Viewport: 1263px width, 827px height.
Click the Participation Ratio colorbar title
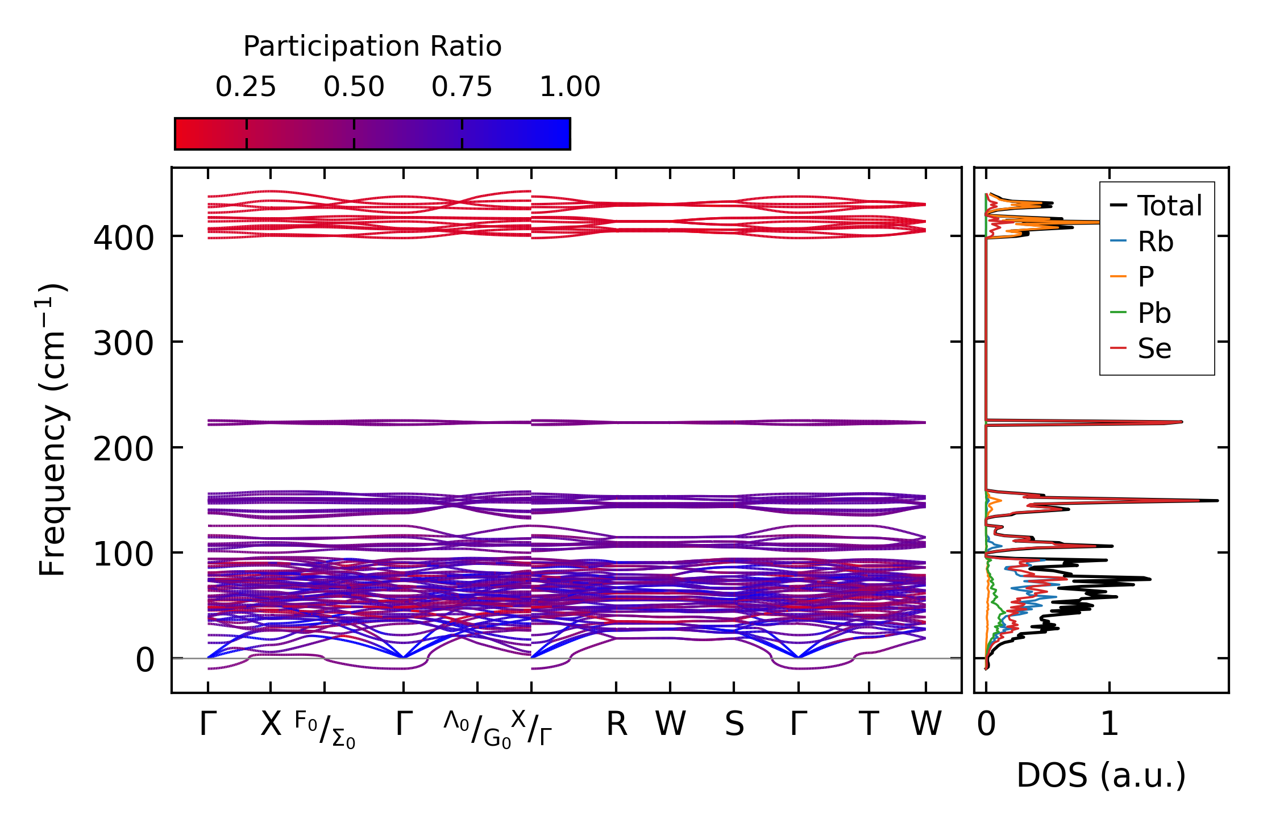pyautogui.click(x=372, y=47)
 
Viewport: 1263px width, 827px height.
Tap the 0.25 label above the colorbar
pyautogui.click(x=246, y=87)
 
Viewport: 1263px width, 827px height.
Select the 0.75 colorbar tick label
pyautogui.click(x=462, y=87)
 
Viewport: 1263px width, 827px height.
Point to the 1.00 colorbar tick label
pyautogui.click(x=570, y=87)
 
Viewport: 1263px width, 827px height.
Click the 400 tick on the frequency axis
pyautogui.click(x=123, y=238)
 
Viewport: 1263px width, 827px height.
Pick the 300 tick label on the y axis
pyautogui.click(x=123, y=344)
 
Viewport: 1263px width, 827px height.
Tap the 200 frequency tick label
pyautogui.click(x=123, y=450)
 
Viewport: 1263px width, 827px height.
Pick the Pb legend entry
pyautogui.click(x=1154, y=313)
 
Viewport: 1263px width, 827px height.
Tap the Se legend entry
pyautogui.click(x=1154, y=348)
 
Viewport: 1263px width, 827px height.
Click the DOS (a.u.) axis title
pyautogui.click(x=1101, y=775)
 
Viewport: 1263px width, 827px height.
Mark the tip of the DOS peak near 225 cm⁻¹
pyautogui.click(x=1182, y=422)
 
